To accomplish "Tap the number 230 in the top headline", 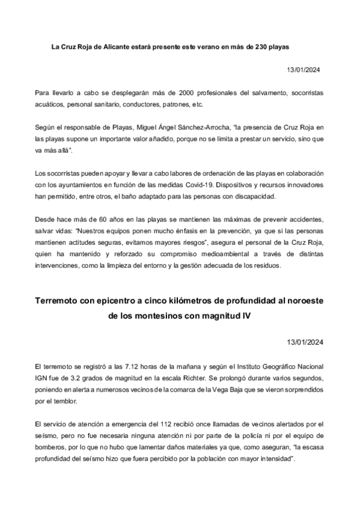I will pos(258,46).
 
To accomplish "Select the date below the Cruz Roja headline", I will pos(305,70).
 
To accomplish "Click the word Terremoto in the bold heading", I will pos(63,301).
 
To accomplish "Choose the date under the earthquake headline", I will pos(305,343).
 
